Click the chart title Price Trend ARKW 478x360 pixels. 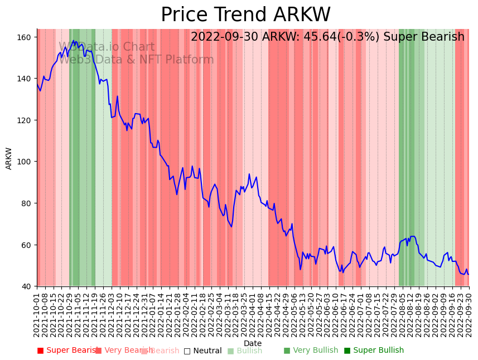point(245,15)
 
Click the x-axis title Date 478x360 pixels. point(253,343)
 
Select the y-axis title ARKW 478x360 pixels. point(9,158)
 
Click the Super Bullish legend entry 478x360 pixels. point(374,351)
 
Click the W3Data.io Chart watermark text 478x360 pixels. point(107,47)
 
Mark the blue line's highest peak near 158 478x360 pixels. point(74,41)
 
